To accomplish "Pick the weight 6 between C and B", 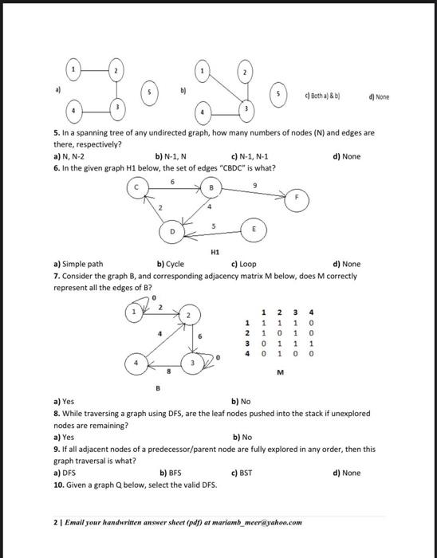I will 172,181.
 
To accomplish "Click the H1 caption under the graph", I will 214,250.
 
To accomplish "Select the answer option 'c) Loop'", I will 243,263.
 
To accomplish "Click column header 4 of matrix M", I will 310,312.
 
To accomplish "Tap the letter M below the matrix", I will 281,371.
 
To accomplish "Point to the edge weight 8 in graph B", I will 167,371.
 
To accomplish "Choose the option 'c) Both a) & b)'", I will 322,96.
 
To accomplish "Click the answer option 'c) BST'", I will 241,473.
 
